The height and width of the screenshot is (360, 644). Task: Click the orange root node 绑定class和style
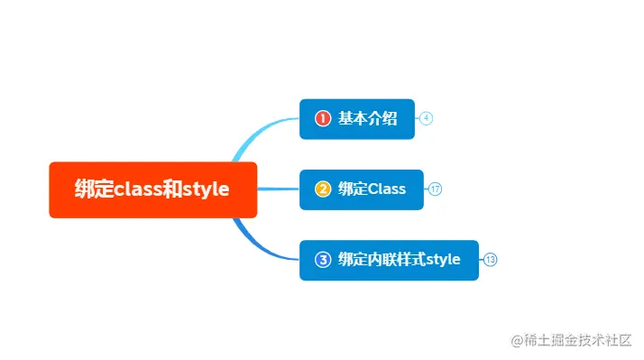pyautogui.click(x=152, y=189)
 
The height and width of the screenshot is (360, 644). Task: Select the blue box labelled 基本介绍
pyautogui.click(x=356, y=118)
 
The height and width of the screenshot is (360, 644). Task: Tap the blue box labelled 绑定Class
pyautogui.click(x=361, y=189)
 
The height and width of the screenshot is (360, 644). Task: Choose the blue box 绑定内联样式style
pyautogui.click(x=389, y=260)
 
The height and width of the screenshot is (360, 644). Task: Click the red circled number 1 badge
pyautogui.click(x=323, y=118)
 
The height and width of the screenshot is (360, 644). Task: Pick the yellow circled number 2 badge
pyautogui.click(x=323, y=189)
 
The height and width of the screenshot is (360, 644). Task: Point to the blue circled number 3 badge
pyautogui.click(x=323, y=260)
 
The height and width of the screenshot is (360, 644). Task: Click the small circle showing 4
pyautogui.click(x=427, y=118)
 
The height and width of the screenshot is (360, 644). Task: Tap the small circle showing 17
pyautogui.click(x=435, y=189)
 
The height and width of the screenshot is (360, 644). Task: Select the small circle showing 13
pyautogui.click(x=490, y=260)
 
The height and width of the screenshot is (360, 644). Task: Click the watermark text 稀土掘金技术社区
pyautogui.click(x=577, y=340)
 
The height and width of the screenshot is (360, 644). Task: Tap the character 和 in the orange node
pyautogui.click(x=174, y=189)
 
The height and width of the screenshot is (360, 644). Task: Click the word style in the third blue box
pyautogui.click(x=443, y=260)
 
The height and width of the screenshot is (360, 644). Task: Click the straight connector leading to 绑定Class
pyautogui.click(x=278, y=189)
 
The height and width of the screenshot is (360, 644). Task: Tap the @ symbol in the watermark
pyautogui.click(x=518, y=341)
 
